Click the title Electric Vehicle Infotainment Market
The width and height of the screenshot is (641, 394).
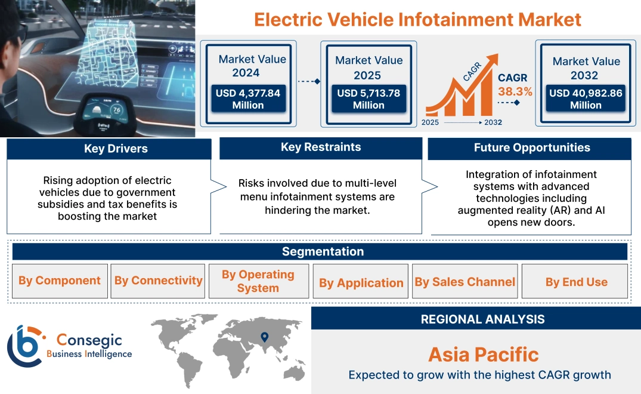[417, 19]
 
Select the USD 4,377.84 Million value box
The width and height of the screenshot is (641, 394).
[247, 98]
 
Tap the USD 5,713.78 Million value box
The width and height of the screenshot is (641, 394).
[369, 98]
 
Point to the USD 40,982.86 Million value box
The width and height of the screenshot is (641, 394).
[586, 98]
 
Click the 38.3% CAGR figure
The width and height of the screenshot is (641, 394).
[516, 92]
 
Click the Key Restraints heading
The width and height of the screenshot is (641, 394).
[321, 147]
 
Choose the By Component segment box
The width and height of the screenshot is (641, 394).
[60, 281]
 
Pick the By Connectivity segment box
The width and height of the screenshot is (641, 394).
[158, 281]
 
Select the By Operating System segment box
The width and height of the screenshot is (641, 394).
[258, 281]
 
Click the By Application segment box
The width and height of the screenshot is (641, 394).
[361, 282]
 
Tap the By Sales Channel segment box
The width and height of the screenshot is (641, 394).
[465, 282]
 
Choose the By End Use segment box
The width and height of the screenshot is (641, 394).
[576, 282]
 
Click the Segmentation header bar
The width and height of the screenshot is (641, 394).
[322, 251]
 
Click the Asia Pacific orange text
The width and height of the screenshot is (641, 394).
[483, 355]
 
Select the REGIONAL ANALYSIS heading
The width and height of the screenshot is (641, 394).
[482, 319]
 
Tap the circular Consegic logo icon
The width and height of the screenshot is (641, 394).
[26, 346]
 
